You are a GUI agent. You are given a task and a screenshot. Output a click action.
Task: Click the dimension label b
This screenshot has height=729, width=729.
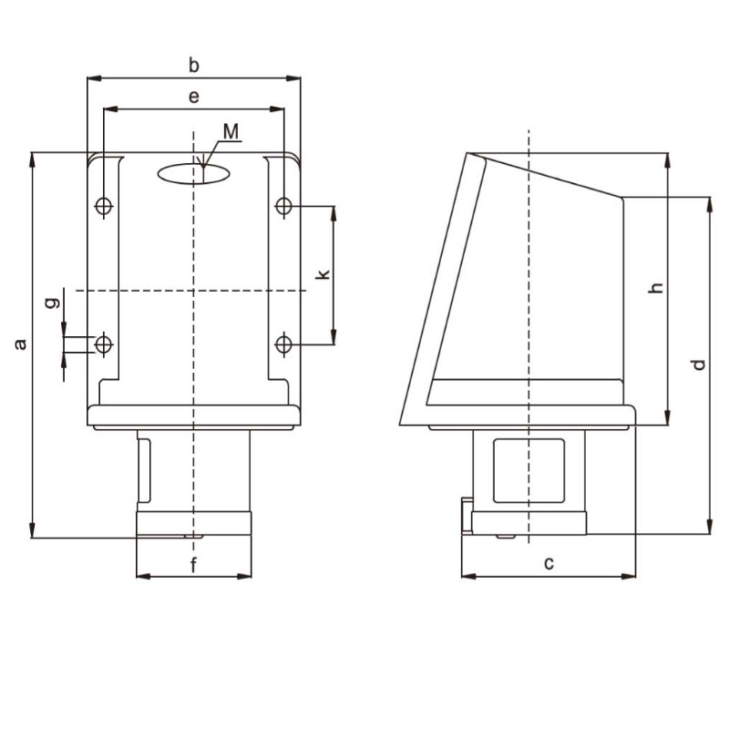click(x=193, y=65)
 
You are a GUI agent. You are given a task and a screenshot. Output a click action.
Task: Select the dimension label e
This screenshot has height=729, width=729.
click(x=193, y=95)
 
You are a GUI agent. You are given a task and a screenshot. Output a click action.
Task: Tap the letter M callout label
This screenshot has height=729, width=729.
click(x=232, y=132)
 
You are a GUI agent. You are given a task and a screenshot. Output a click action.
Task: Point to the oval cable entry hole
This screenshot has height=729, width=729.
click(x=193, y=173)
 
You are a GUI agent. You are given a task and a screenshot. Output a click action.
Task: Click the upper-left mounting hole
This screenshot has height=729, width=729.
click(x=105, y=206)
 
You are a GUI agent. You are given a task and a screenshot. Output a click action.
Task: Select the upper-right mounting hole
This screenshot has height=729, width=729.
click(x=284, y=206)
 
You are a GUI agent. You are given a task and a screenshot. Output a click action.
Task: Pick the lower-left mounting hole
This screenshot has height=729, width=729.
click(x=105, y=344)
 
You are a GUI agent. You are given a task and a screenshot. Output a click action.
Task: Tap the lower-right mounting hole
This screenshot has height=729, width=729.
click(x=284, y=344)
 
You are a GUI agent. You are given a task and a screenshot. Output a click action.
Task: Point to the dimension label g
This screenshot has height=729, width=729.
click(x=54, y=300)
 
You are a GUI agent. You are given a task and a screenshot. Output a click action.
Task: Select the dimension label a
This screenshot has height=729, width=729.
click(x=19, y=344)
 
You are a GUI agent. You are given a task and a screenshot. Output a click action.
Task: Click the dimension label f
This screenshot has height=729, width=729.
click(x=193, y=565)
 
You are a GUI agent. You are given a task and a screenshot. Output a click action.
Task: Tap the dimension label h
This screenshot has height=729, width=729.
click(x=654, y=288)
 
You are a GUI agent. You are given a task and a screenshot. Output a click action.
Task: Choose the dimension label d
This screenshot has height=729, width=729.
click(x=698, y=364)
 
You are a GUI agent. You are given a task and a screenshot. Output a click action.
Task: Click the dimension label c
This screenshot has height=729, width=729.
click(x=549, y=564)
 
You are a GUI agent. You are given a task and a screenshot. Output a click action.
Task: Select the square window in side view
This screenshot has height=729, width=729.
click(x=529, y=469)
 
